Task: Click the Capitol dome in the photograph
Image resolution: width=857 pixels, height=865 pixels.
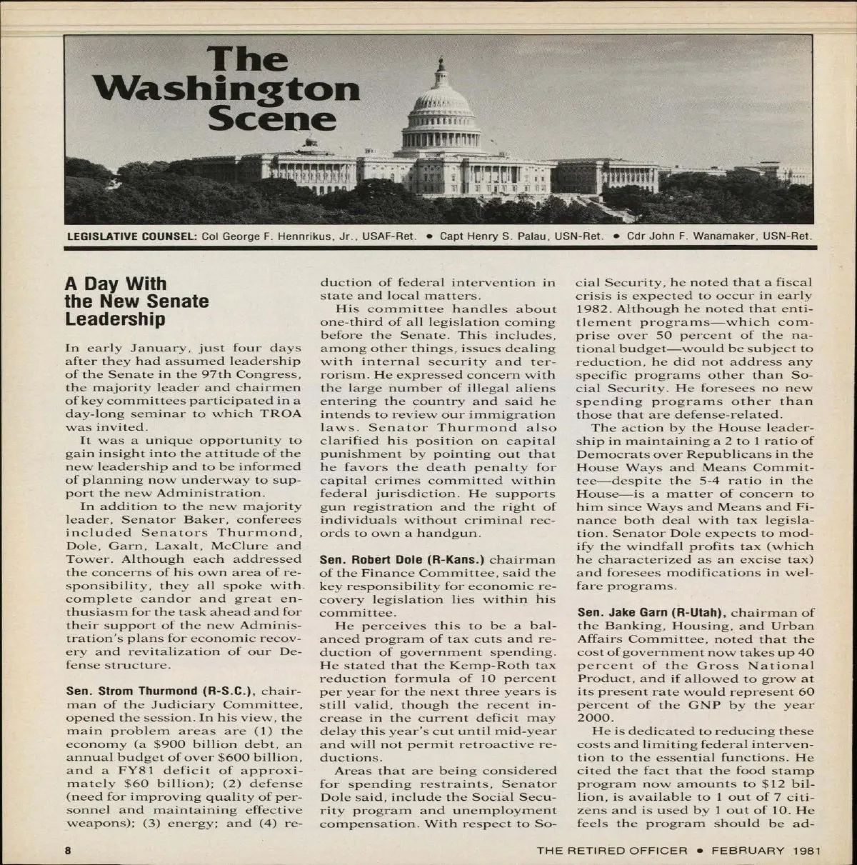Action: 441,107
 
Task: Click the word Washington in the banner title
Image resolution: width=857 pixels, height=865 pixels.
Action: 226,89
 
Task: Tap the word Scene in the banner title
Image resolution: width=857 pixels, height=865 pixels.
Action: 272,118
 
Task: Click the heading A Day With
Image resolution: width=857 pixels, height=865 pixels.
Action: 115,284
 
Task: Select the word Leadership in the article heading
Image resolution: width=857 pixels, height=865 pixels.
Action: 115,319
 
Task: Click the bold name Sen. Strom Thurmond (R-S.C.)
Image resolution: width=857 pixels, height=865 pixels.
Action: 162,691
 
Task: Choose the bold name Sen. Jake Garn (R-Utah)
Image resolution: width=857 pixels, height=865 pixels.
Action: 651,613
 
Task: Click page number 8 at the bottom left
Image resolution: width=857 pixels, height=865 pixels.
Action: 68,851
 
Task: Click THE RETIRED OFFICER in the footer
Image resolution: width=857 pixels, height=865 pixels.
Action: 612,851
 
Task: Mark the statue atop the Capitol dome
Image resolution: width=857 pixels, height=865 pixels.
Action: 440,62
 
